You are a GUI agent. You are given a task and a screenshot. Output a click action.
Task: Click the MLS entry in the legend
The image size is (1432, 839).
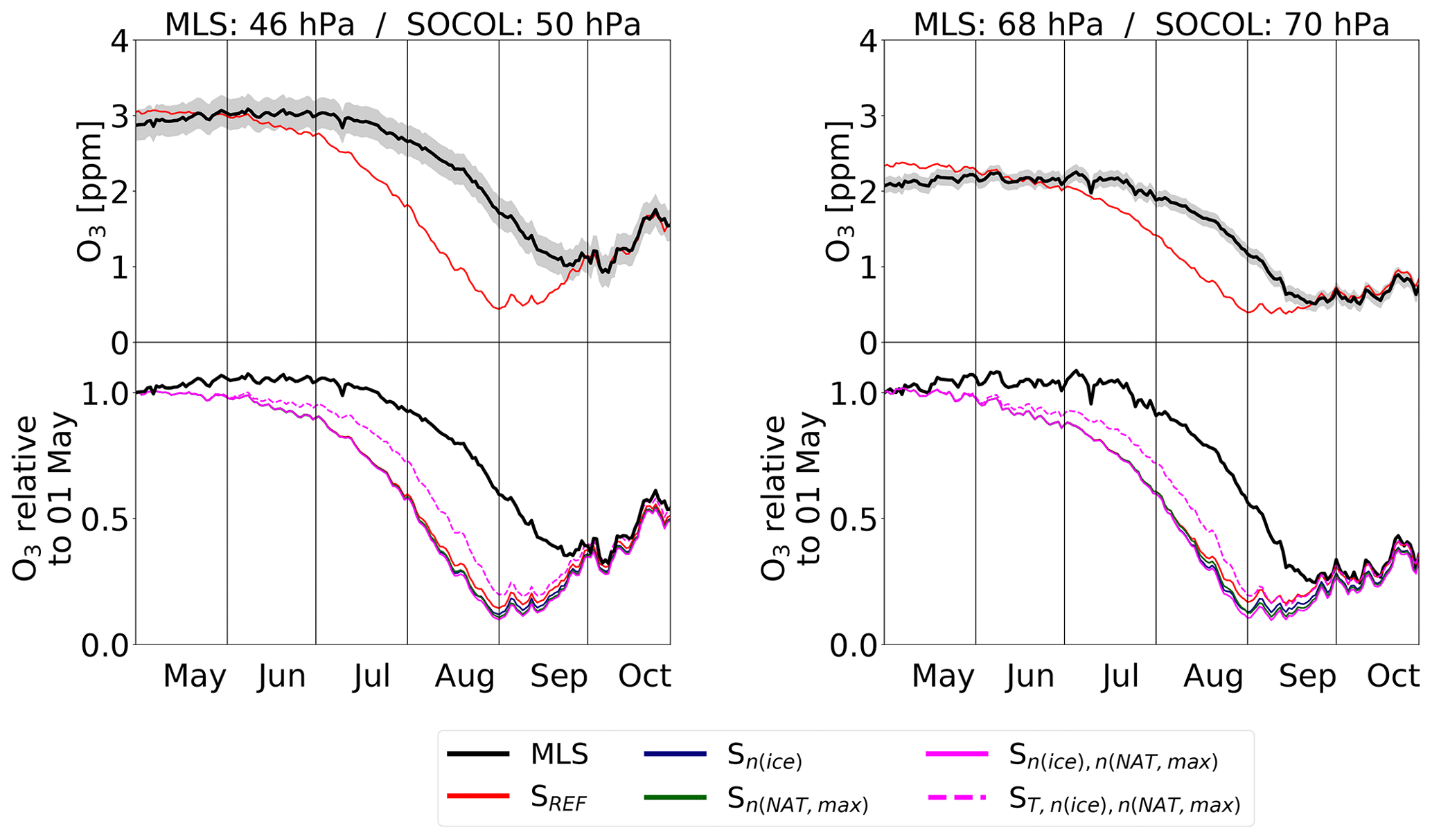coord(558,754)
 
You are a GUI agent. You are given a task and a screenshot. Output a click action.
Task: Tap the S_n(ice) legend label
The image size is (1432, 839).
coord(764,757)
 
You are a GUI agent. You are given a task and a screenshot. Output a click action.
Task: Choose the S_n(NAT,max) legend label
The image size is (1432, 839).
coord(797,801)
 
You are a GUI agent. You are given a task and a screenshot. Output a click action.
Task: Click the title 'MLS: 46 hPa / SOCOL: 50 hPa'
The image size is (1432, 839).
coord(403,25)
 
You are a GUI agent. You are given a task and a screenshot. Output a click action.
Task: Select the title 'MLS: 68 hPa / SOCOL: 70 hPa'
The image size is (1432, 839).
coord(1151,25)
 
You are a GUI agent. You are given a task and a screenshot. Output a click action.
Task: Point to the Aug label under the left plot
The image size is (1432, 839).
coord(465,676)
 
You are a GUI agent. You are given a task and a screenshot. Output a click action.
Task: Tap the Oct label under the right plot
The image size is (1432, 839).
coord(1393,676)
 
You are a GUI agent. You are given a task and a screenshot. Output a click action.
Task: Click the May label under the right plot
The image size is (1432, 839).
coord(943,676)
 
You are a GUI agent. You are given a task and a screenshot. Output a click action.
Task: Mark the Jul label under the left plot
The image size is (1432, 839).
coord(371,676)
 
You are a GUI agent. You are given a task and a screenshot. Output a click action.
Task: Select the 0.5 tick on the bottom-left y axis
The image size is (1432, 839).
coord(105,520)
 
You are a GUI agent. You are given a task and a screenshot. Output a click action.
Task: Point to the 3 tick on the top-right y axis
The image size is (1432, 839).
coord(868,116)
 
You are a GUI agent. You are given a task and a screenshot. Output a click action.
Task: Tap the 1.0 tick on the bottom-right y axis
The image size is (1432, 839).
coord(854,395)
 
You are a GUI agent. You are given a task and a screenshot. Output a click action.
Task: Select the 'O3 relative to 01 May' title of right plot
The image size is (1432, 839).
coord(790,497)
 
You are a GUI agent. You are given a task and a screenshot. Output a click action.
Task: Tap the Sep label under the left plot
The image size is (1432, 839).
coord(559,676)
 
